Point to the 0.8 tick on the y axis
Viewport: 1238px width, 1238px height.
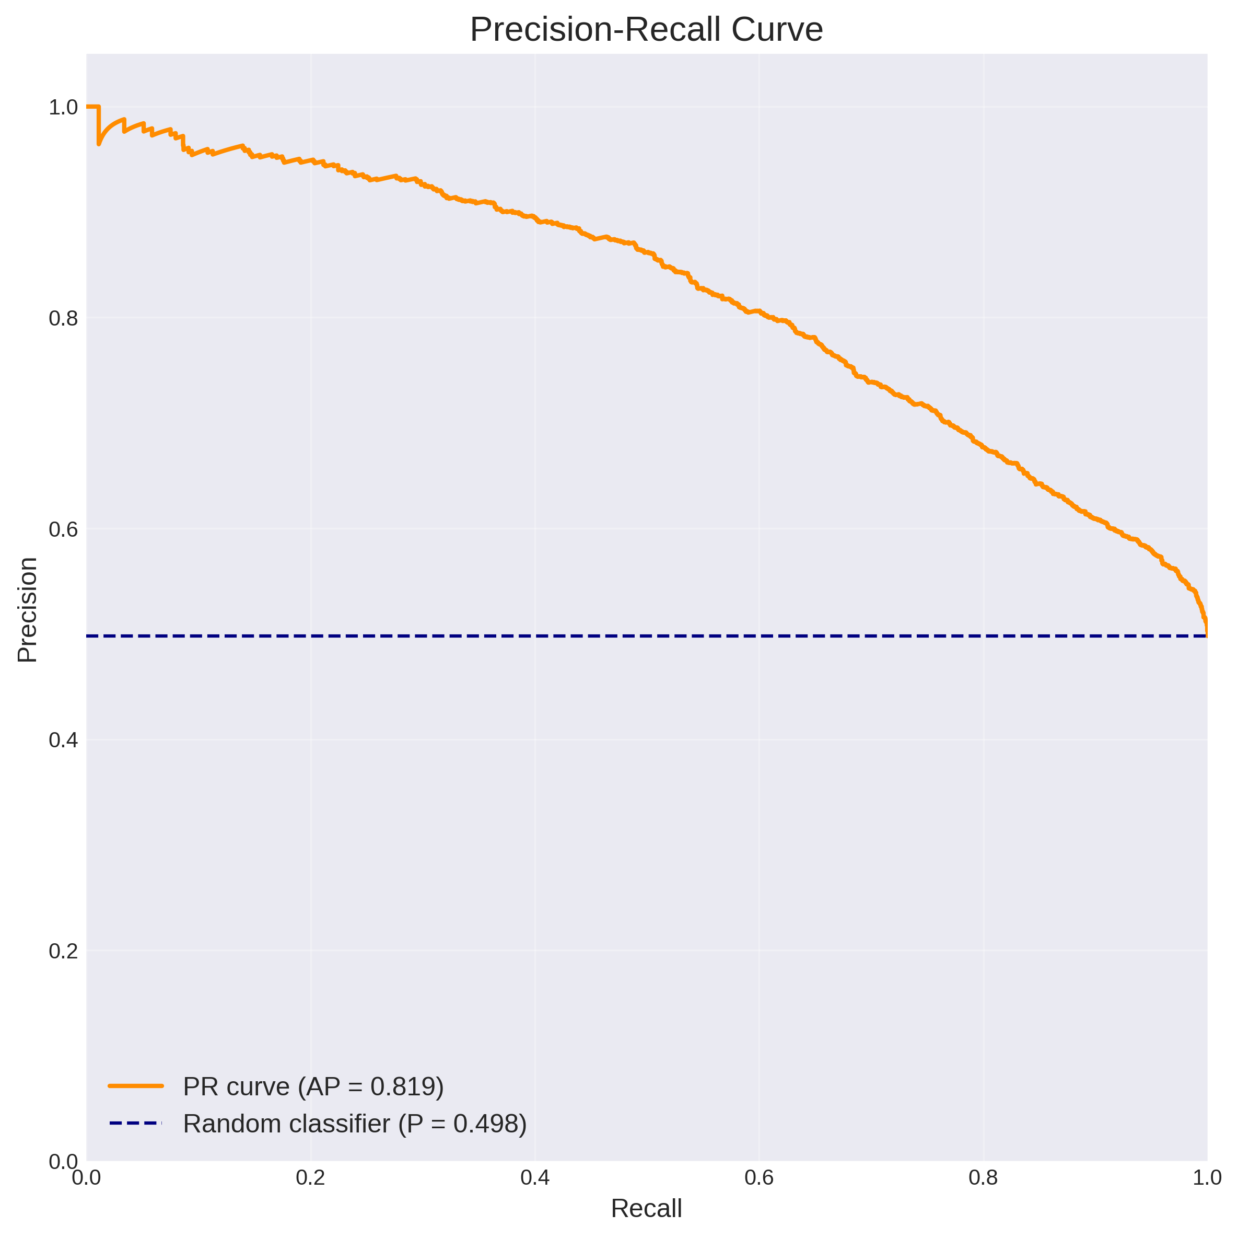click(x=63, y=318)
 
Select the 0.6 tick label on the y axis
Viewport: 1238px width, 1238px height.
click(x=63, y=529)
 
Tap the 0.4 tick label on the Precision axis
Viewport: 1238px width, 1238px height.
click(x=63, y=740)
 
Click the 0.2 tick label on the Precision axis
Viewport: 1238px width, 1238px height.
click(x=63, y=951)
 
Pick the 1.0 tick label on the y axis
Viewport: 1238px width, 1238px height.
click(x=63, y=107)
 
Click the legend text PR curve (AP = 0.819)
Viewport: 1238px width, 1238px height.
click(x=313, y=1086)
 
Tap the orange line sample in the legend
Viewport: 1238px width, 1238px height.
click(x=136, y=1086)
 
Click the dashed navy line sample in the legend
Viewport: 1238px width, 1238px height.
click(x=136, y=1123)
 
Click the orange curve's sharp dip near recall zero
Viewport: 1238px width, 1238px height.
click(x=99, y=144)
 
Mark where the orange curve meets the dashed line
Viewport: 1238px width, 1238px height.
click(x=1207, y=635)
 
